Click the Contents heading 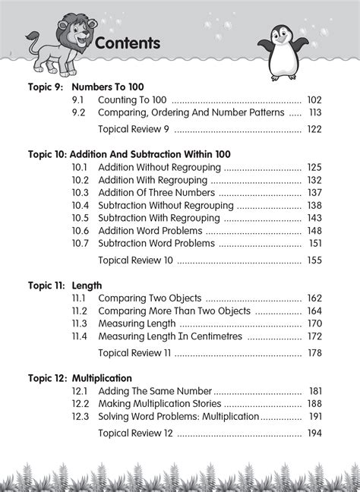pos(128,43)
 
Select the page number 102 pos(314,99)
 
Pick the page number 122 pos(314,130)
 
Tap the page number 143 pos(314,218)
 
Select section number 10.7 pos(81,244)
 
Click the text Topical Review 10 pos(136,260)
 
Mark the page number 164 pos(314,311)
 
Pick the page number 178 pos(314,353)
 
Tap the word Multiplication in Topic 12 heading pos(102,377)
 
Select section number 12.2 pos(81,403)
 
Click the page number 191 pos(314,416)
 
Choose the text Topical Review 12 pos(136,433)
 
